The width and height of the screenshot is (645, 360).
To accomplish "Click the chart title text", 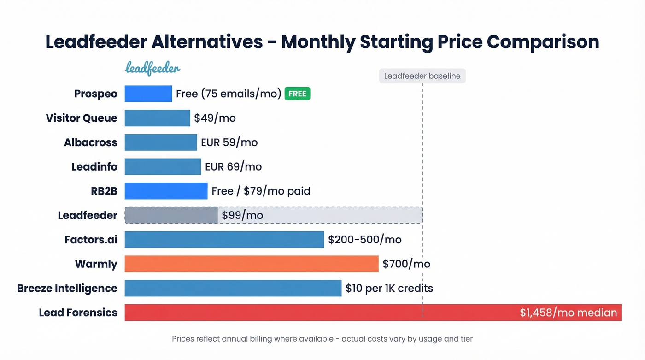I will point(322,42).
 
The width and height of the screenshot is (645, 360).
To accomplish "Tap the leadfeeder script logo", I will point(152,69).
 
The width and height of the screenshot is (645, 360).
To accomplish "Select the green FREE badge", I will point(297,94).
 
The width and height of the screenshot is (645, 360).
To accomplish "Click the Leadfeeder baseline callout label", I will point(422,76).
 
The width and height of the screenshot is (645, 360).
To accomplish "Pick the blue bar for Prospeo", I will point(148,94).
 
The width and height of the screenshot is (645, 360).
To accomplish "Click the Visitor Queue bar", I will point(157,118).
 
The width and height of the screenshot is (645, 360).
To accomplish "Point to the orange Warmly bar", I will point(251,264).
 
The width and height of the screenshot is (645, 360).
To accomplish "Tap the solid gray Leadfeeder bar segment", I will point(171,215).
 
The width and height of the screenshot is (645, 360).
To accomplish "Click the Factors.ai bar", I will point(224,240).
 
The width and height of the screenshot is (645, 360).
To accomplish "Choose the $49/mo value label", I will point(215,118).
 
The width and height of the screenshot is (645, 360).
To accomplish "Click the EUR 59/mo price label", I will point(229,142).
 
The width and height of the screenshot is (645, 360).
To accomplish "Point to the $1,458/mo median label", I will point(568,313).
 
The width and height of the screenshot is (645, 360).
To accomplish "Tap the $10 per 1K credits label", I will point(389,289).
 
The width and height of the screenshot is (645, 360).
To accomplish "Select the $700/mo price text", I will point(406,264).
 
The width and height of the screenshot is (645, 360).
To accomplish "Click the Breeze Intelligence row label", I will point(67,289).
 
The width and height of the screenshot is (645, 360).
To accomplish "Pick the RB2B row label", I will point(104,191).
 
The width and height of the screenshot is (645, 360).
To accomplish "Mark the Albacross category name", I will point(91,142).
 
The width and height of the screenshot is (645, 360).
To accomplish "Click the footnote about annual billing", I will point(322,339).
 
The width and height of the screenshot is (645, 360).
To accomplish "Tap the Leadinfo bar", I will point(163,166).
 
